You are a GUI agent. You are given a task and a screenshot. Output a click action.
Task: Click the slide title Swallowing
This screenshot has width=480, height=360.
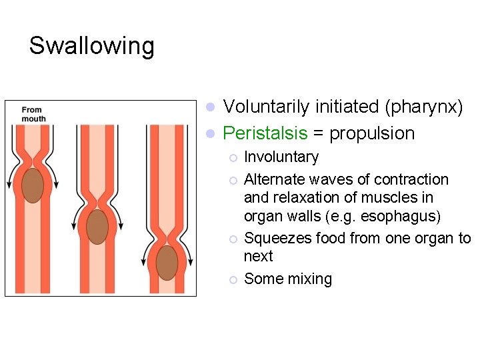point(91,46)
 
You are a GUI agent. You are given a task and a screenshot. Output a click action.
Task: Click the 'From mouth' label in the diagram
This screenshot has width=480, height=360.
point(33,114)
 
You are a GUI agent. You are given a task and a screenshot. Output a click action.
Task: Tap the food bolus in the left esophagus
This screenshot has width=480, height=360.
point(32,185)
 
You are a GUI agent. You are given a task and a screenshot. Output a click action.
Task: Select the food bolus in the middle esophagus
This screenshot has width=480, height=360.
point(97,227)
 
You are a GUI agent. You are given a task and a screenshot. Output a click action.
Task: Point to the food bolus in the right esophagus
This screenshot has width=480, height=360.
point(167,263)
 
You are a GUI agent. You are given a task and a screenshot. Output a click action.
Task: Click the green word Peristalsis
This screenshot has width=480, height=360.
point(265,133)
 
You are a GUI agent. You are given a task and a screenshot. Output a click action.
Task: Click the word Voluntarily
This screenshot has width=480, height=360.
point(266,107)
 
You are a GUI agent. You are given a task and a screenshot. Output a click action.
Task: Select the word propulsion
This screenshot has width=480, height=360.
point(372,133)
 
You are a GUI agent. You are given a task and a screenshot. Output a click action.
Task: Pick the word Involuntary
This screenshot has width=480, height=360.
point(281,157)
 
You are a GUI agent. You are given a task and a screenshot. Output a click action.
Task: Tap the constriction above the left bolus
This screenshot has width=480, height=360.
point(32,161)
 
